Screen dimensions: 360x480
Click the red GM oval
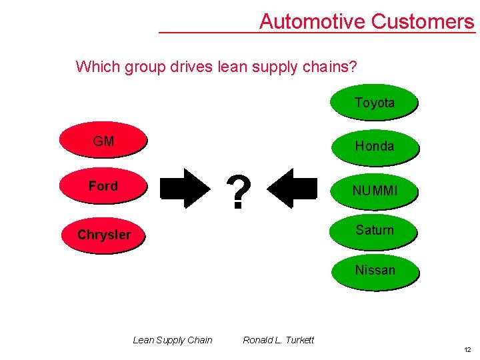pyautogui.click(x=103, y=141)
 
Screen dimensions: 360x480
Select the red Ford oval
pyautogui.click(x=103, y=186)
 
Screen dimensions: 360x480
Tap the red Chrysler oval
pyautogui.click(x=103, y=234)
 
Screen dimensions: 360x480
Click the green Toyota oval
pyautogui.click(x=374, y=103)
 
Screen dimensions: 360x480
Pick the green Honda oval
pyautogui.click(x=374, y=146)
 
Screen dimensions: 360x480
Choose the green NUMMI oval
pyautogui.click(x=374, y=191)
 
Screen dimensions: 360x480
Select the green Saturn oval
pyautogui.click(x=374, y=230)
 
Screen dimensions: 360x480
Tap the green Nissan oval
pyautogui.click(x=374, y=270)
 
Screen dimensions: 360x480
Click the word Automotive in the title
pyautogui.click(x=312, y=21)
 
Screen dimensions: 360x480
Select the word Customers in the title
pyautogui.click(x=422, y=21)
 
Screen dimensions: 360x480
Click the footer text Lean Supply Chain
pyautogui.click(x=173, y=340)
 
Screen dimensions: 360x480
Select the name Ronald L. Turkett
pyautogui.click(x=278, y=340)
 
